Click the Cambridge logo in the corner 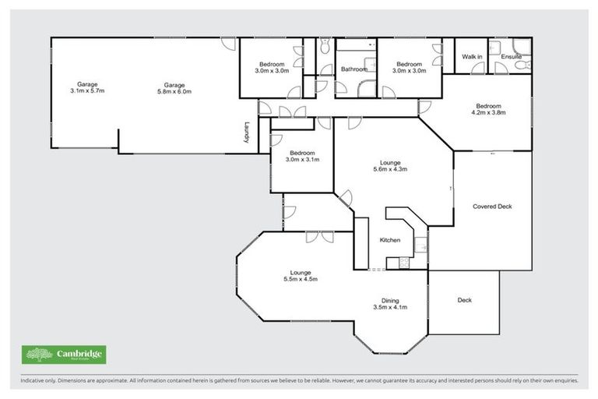point(65,355)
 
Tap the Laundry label point(247,131)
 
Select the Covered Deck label point(491,207)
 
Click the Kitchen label point(390,240)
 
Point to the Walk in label point(472,57)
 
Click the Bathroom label point(354,69)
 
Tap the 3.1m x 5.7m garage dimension point(86,91)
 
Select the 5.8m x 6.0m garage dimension point(174,91)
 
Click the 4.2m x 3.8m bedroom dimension point(488,112)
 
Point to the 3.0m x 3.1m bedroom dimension point(302,160)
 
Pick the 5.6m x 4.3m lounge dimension point(390,170)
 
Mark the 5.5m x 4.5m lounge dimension point(301,279)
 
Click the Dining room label point(390,300)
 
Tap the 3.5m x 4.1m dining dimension point(390,307)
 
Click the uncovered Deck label point(464,300)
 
